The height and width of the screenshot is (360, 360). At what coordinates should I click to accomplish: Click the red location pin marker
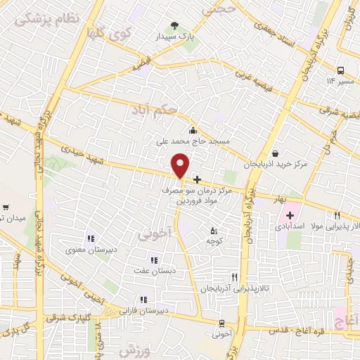pos(181,166)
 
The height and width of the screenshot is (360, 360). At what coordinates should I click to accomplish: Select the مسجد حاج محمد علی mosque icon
pos(193,129)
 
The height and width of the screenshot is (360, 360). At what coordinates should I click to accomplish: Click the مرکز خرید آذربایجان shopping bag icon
pos(274,153)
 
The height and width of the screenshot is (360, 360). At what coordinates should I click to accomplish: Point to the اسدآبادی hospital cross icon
pos(289,214)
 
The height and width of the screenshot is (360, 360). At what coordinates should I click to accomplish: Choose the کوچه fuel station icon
pos(214,231)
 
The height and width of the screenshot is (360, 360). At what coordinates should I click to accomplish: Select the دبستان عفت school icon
pos(154,261)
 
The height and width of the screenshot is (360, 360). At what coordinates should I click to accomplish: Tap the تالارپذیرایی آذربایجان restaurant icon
pos(235,278)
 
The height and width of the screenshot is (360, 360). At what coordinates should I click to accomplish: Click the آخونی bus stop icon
pos(222,323)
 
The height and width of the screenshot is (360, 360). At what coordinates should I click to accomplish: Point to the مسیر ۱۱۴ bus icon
pos(340,70)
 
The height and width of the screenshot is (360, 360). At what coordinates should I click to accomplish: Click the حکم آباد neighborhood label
pos(150,110)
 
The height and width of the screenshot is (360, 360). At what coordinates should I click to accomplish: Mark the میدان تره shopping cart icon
pos(6,207)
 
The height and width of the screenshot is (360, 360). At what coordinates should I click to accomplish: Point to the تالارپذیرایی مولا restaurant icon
pos(337,215)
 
